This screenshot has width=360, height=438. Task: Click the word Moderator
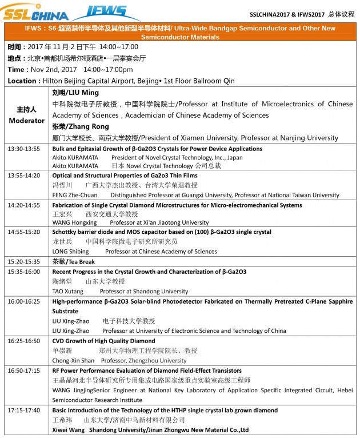coord(26,121)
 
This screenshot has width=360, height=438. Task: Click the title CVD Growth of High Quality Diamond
coord(103,341)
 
